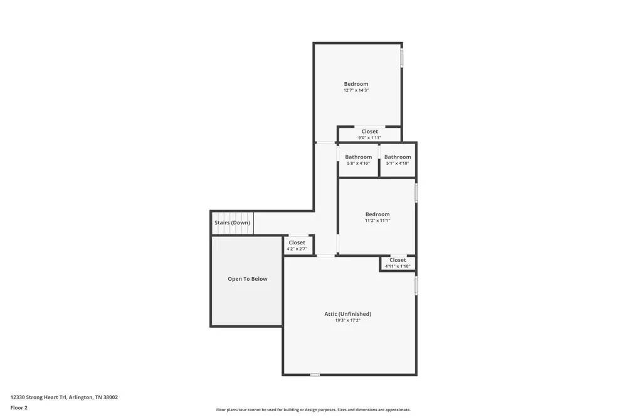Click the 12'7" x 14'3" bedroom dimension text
[356, 90]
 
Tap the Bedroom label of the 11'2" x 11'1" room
[377, 214]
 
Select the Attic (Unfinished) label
[347, 314]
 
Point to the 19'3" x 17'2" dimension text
[347, 320]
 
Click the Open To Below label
[247, 279]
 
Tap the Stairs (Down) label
[232, 222]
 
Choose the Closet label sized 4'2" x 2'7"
[297, 243]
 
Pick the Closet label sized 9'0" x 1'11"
[369, 132]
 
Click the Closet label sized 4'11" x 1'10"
[398, 260]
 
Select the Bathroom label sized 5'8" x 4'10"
[358, 157]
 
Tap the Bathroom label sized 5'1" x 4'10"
[398, 157]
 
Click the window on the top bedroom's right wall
[402, 58]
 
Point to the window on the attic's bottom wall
[315, 375]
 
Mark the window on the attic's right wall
[416, 286]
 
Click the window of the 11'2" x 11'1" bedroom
[416, 192]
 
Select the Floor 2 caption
[19, 407]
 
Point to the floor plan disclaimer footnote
[313, 410]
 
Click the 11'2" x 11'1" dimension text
[377, 221]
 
